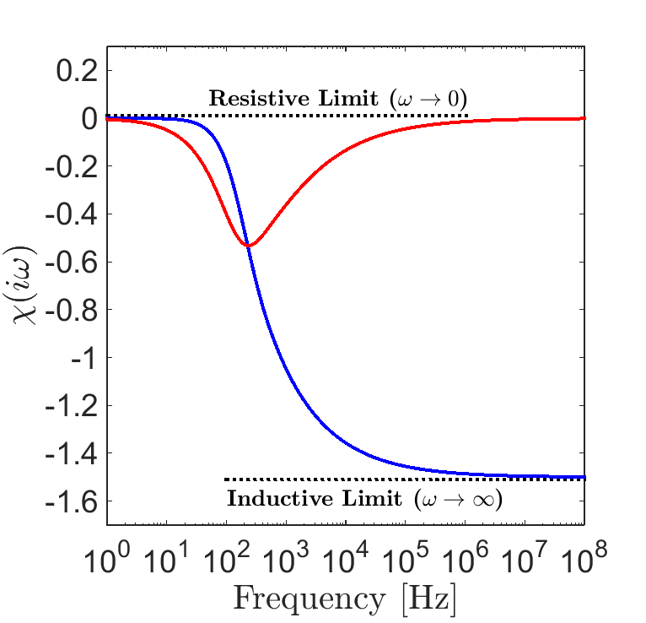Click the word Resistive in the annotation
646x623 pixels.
(254, 98)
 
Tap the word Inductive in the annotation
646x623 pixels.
(271, 499)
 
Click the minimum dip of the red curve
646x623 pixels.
(249, 246)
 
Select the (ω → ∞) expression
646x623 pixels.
(459, 499)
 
